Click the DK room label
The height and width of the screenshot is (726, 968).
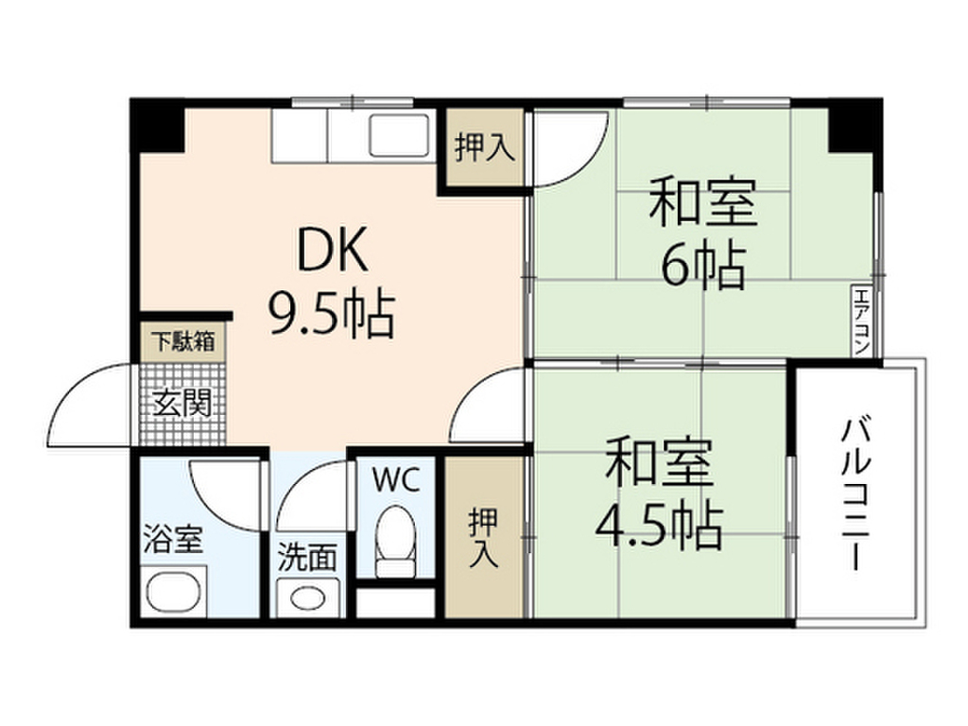[333, 250]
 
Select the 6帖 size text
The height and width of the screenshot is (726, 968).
[703, 267]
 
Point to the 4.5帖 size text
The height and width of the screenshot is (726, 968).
[659, 527]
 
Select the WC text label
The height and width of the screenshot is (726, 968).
[396, 479]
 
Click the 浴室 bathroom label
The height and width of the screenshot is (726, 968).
[172, 538]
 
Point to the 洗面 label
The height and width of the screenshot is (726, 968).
[307, 557]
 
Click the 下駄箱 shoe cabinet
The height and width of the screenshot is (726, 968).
[182, 341]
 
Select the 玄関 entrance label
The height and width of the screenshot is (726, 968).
[182, 403]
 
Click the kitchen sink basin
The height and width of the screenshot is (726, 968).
[399, 135]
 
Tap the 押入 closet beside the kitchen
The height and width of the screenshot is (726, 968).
[485, 147]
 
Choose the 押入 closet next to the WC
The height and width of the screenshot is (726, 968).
[484, 537]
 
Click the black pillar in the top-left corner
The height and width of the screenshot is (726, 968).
[158, 126]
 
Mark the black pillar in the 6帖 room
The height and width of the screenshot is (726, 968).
[855, 126]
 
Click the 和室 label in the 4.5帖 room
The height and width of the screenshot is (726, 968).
[659, 462]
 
